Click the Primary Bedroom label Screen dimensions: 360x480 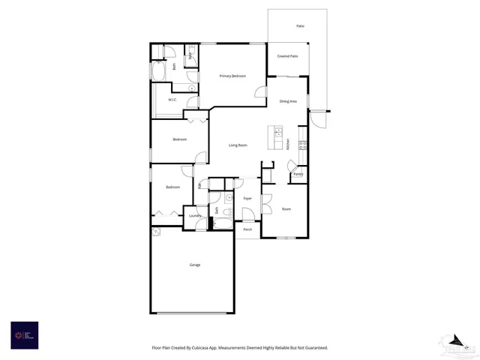tap(232, 76)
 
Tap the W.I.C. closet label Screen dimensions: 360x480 tap(172, 100)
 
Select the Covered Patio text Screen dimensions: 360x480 tap(287, 56)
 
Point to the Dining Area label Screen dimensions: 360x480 tap(288, 101)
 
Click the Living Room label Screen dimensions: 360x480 tap(238, 145)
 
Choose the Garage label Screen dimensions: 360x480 tap(194, 265)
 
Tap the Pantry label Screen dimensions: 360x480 tap(298, 175)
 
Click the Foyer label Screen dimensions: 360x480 tap(247, 198)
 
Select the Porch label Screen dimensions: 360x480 tap(247, 230)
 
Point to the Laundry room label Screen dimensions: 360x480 tap(195, 216)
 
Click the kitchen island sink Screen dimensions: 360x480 tap(278, 143)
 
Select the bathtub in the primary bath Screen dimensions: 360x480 tap(160, 72)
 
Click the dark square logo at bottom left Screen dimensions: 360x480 tap(24, 334)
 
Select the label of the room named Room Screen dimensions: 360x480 tap(286, 208)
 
